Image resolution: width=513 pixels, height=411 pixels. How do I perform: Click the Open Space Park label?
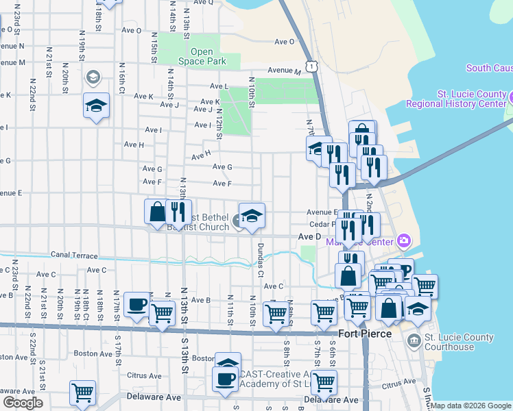tap(202, 56)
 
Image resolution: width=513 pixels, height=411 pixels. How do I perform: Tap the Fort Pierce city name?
tap(366, 334)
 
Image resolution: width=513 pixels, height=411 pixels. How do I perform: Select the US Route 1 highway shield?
tap(312, 66)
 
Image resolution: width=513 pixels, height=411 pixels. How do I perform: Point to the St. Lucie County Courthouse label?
tap(459, 342)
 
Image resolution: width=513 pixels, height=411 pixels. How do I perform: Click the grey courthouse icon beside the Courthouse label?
tap(414, 340)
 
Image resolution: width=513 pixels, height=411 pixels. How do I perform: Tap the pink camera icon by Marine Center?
tap(404, 240)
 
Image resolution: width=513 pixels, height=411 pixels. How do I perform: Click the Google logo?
tap(23, 403)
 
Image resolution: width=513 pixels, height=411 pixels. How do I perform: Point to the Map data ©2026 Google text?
tap(470, 406)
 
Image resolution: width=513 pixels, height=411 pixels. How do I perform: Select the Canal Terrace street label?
tap(74, 256)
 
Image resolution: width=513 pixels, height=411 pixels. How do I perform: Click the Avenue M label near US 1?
tap(285, 71)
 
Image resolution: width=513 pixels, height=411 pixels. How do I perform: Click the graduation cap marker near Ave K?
tap(96, 105)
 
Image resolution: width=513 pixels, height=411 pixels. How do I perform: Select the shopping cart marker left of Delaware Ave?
tap(82, 393)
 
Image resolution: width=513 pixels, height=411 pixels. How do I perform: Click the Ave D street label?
tap(309, 236)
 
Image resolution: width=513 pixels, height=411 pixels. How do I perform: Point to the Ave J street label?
tap(169, 105)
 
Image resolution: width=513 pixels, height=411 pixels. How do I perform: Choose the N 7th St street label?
tap(309, 127)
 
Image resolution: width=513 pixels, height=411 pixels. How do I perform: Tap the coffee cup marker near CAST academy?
tap(224, 379)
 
